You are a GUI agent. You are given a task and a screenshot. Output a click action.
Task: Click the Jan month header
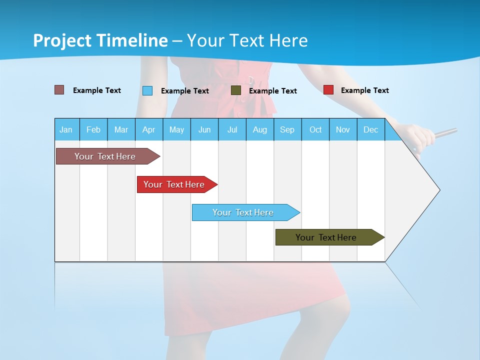click(66, 129)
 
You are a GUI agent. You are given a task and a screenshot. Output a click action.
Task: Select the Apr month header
click(148, 129)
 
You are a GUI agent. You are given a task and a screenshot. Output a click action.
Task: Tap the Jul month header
click(232, 129)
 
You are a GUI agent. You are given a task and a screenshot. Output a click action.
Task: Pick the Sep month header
click(287, 129)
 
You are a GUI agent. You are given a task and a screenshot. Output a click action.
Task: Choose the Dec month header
click(370, 129)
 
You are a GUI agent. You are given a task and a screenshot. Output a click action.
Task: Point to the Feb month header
click(93, 129)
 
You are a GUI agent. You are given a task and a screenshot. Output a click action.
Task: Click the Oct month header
click(315, 129)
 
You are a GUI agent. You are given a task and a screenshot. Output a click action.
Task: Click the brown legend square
click(59, 90)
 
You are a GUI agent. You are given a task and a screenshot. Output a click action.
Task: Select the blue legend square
click(147, 90)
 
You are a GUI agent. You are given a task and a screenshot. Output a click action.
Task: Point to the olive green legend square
click(236, 90)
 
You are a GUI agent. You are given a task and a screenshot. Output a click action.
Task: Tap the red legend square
click(328, 90)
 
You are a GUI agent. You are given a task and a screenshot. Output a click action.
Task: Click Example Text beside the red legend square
click(364, 90)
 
